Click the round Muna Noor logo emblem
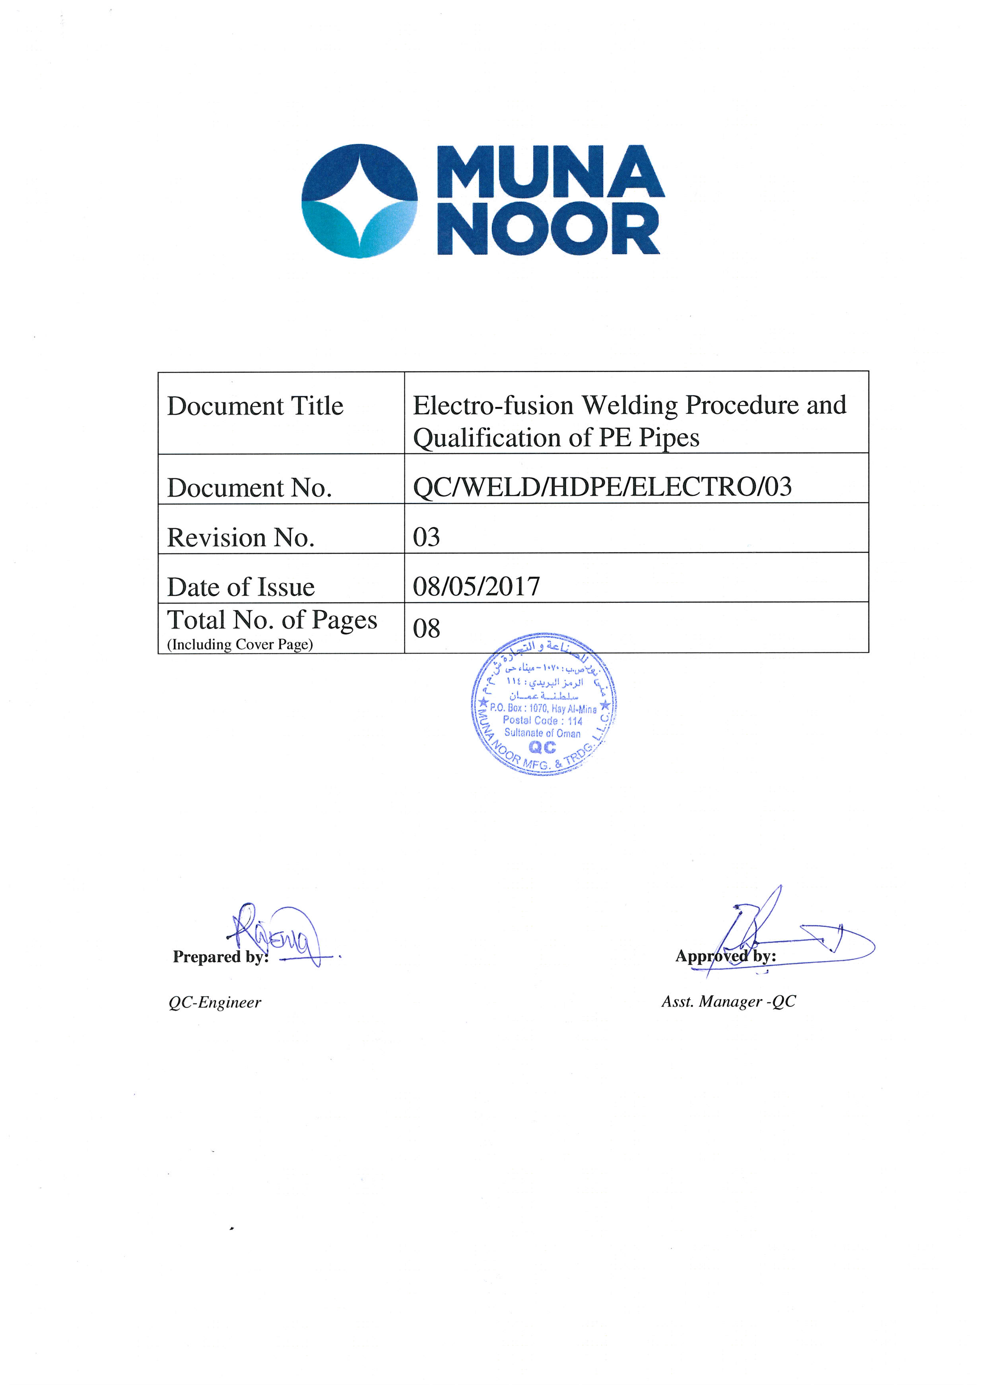coord(360,201)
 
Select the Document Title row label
coord(255,406)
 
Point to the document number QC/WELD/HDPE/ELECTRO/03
coord(602,487)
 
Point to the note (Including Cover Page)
coord(240,645)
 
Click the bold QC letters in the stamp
coord(543,747)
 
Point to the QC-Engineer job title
coord(214,1003)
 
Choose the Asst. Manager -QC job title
coord(728,1001)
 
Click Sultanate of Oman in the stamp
coord(543,733)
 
